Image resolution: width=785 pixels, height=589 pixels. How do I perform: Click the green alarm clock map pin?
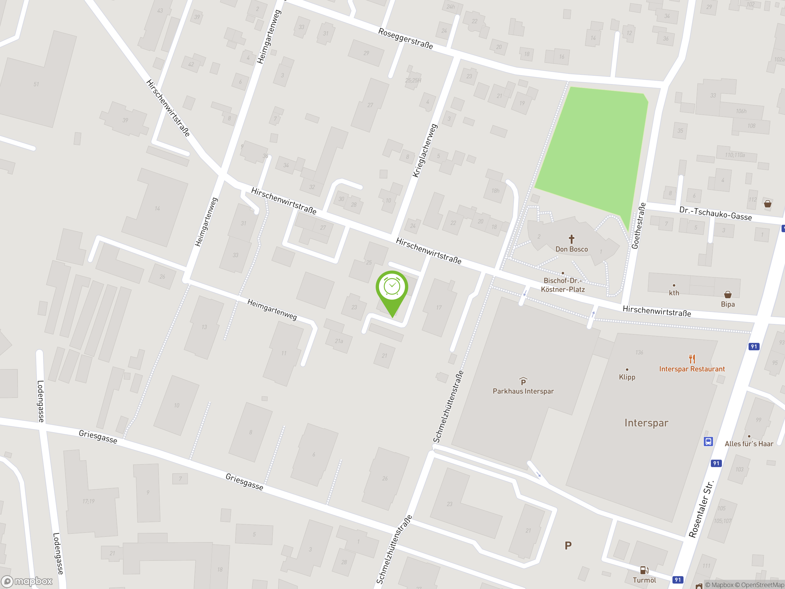tap(392, 288)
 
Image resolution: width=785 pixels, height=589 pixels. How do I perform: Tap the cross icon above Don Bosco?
tap(571, 239)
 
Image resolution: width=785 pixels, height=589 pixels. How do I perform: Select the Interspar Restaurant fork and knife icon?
tap(692, 359)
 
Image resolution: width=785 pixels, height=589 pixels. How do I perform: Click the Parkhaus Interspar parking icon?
tap(523, 381)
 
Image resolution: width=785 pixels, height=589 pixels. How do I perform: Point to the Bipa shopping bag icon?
tap(728, 294)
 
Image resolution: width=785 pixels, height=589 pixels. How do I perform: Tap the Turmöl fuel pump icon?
tap(644, 570)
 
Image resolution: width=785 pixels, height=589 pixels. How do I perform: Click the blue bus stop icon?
tap(708, 441)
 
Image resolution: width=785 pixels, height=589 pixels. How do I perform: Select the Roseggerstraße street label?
tap(405, 38)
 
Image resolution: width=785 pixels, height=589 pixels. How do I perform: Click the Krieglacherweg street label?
tap(425, 151)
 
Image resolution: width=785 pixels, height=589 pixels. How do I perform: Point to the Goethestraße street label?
tap(638, 226)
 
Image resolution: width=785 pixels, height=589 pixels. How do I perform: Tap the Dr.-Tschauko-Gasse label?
tap(715, 214)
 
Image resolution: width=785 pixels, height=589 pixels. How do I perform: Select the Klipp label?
tap(627, 377)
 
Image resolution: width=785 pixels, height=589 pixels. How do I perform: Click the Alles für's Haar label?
tap(749, 444)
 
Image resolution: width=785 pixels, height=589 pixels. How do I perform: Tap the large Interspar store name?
tap(646, 423)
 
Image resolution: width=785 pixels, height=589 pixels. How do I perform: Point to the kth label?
tap(674, 293)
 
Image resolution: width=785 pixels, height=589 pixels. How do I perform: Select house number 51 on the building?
tap(36, 84)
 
